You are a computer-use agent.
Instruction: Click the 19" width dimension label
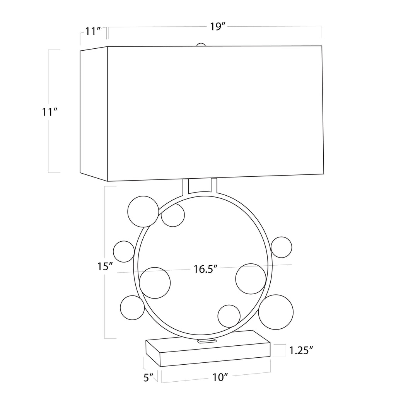[x=218, y=27]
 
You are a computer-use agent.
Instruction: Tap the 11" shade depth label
[x=93, y=31]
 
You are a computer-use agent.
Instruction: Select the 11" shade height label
[x=50, y=112]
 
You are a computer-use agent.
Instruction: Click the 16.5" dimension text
[x=205, y=269]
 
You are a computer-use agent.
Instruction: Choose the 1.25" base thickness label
[x=301, y=350]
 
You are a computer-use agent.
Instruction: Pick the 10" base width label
[x=220, y=377]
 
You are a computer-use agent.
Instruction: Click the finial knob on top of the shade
[x=201, y=45]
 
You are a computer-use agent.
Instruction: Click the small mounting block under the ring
[x=207, y=341]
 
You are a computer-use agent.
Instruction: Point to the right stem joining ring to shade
[x=214, y=186]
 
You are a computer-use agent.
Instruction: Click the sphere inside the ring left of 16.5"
[x=155, y=283]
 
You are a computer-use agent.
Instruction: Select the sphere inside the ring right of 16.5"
[x=251, y=279]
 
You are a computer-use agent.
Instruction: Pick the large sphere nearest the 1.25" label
[x=276, y=312]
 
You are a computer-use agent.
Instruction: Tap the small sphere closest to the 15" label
[x=124, y=251]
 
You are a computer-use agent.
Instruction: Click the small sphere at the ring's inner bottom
[x=229, y=316]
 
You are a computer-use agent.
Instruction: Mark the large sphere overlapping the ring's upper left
[x=143, y=212]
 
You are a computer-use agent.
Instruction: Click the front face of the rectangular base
[x=215, y=354]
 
